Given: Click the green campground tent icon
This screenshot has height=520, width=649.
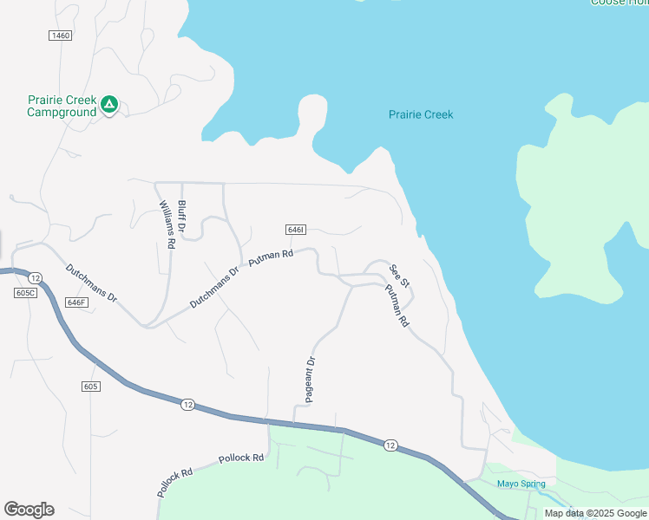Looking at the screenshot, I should (x=108, y=105).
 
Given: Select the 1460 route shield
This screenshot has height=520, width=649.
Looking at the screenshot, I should (x=60, y=36).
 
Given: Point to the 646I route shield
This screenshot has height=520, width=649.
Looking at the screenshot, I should (x=295, y=230).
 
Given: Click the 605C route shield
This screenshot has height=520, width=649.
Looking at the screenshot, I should (x=26, y=293).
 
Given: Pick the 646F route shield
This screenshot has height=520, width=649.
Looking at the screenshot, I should (x=76, y=302).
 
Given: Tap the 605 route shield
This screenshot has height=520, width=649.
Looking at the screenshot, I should (x=92, y=386).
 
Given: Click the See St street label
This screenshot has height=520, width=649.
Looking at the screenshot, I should (x=399, y=276).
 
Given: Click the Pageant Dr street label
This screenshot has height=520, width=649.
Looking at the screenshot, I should (x=310, y=379).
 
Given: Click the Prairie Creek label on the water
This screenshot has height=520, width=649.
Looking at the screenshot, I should (x=421, y=114).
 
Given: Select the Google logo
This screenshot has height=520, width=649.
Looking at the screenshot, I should (x=29, y=510).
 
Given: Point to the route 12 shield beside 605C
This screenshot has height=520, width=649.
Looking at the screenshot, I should (x=34, y=277).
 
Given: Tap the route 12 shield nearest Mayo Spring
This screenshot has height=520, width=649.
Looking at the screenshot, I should (x=390, y=445).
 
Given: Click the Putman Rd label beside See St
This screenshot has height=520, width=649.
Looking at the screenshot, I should (x=397, y=304).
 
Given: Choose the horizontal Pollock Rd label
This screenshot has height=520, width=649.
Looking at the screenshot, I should (x=241, y=458).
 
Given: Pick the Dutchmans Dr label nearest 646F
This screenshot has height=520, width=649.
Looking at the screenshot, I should (x=92, y=283).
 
